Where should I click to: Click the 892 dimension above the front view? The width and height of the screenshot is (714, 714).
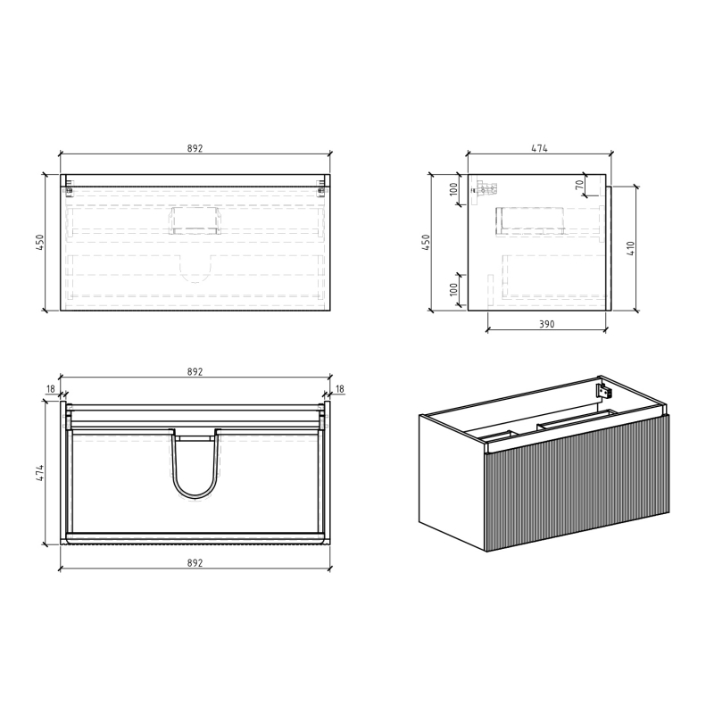(x=195, y=148)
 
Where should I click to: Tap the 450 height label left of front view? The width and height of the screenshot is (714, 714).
(x=40, y=242)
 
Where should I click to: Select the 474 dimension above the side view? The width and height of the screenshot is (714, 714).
(x=540, y=148)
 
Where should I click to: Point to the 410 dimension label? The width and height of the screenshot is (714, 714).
(x=631, y=248)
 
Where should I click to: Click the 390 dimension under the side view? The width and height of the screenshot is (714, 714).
(x=547, y=324)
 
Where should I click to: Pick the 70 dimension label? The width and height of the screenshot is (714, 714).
(x=579, y=186)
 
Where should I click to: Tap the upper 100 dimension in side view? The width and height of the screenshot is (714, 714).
(x=453, y=189)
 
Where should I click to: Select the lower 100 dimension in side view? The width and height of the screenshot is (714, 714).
(x=453, y=289)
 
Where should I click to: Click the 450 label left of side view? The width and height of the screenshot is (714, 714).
(x=426, y=242)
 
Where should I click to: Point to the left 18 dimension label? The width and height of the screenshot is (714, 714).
(x=51, y=389)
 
